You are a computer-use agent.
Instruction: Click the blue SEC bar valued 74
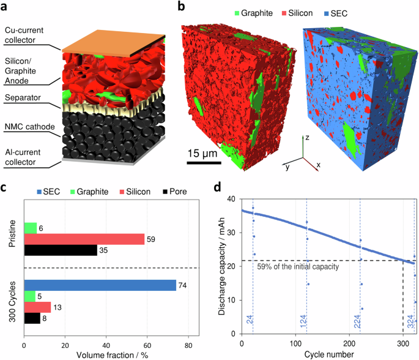[x=100, y=285]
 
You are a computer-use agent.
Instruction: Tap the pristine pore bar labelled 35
[x=60, y=250]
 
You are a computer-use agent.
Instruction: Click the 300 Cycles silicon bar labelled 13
[x=37, y=307]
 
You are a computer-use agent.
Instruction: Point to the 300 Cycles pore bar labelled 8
[x=32, y=318]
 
